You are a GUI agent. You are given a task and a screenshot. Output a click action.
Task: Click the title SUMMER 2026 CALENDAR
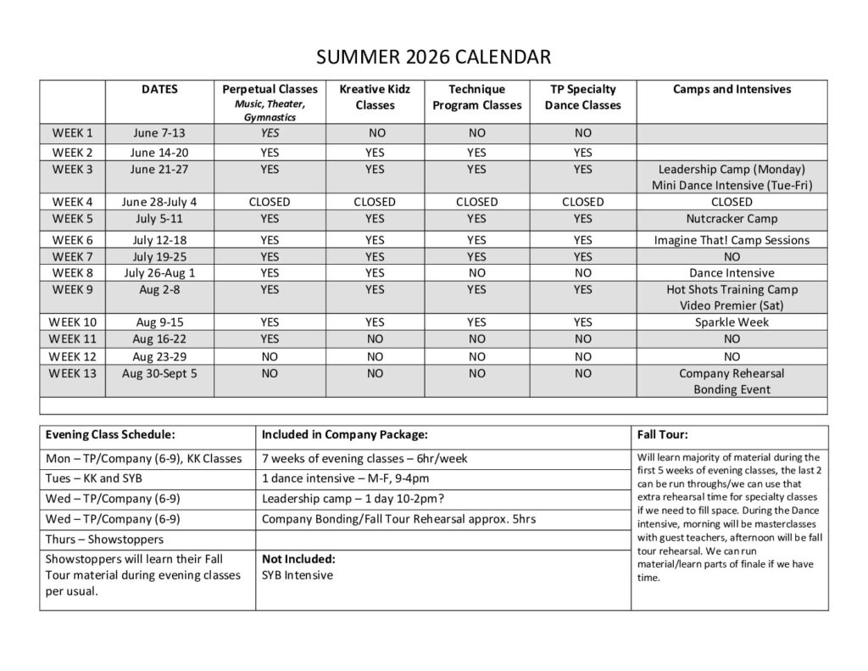433,58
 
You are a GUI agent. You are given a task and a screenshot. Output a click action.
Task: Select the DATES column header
159,89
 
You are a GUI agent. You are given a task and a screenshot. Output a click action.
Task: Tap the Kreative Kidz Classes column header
375,97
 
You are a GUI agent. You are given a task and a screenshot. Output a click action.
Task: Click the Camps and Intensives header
732,89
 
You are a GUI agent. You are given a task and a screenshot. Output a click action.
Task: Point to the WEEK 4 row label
73,202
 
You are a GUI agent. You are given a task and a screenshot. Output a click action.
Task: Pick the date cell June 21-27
159,169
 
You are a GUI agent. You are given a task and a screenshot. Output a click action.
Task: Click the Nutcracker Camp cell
732,219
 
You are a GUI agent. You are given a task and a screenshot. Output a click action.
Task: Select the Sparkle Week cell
732,322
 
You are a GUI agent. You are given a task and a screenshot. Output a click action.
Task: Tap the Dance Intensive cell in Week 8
732,273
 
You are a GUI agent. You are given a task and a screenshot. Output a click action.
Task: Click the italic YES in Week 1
270,133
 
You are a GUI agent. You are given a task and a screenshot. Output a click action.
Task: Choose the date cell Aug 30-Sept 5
159,373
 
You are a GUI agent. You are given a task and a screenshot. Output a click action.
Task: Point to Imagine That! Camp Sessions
732,240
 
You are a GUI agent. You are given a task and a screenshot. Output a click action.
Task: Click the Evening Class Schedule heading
110,434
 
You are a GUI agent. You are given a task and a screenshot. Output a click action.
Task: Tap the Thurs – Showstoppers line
104,539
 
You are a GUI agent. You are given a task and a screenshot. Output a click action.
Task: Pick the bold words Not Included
298,559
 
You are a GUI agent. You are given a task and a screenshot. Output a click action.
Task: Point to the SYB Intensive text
298,575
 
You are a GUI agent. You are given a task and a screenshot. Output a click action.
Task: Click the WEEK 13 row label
73,373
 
